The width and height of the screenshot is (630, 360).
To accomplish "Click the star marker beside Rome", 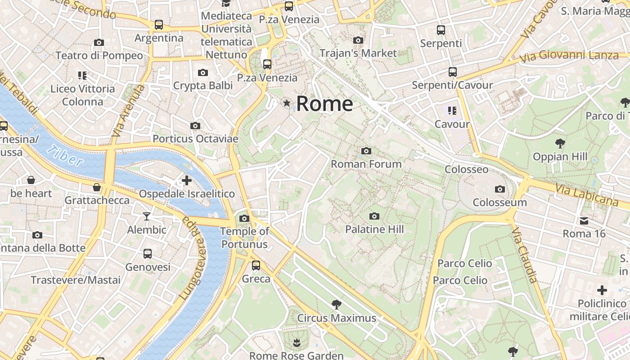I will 287,103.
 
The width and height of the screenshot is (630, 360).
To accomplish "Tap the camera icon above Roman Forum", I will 366,151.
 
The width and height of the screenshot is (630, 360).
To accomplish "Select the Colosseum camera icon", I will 499,189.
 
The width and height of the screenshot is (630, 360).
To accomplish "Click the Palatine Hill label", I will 374,229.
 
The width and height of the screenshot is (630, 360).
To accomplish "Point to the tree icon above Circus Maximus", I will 336,305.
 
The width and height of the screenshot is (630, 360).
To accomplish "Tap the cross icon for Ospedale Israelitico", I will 186,181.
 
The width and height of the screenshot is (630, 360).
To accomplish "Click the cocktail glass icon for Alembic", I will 147,216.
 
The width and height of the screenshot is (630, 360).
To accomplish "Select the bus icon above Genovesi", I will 148,254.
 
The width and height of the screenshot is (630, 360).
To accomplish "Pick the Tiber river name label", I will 65,156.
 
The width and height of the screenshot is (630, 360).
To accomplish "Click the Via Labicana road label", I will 587,195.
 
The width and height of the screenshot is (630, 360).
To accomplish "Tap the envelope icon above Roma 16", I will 584,221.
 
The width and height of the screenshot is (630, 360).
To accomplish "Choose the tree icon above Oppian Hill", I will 560,144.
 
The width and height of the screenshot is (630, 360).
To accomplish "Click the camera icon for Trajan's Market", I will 358,40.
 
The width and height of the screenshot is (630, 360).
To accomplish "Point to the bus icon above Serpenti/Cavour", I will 452,72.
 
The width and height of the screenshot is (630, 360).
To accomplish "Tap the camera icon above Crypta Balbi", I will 203,72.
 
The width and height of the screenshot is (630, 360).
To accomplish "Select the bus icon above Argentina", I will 159,25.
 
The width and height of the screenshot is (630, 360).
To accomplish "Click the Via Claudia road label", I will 525,255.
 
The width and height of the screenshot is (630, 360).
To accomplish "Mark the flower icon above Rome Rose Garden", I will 296,343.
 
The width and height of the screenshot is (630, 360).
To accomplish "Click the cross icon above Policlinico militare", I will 602,290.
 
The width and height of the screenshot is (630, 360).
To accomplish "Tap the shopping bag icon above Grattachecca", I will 97,187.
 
